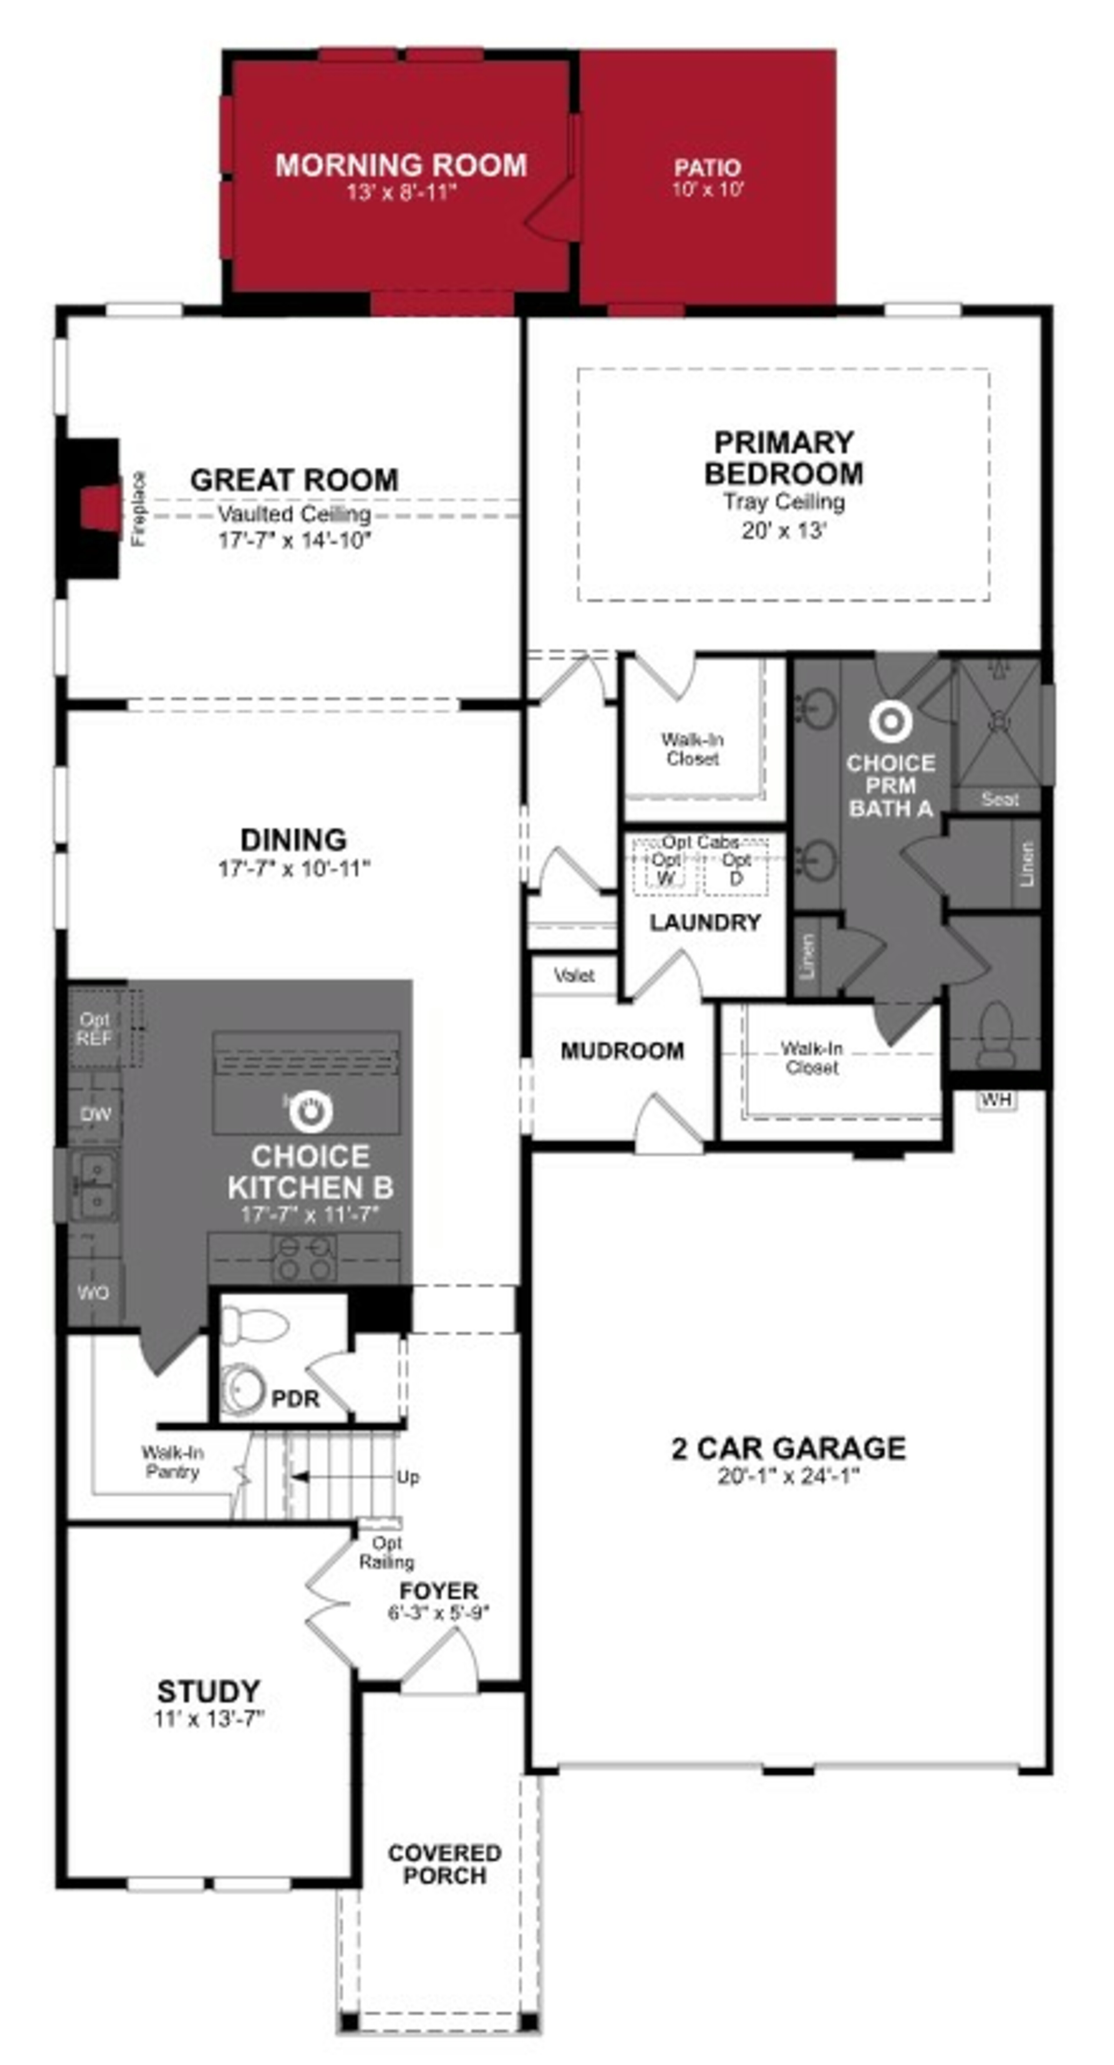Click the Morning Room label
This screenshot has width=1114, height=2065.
401,165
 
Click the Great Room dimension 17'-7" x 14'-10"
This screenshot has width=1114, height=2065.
294,540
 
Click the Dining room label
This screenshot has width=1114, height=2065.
294,839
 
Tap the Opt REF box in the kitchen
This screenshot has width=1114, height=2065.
95,1029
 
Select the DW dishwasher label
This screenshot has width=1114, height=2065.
95,1114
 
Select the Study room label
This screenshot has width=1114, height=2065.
209,1691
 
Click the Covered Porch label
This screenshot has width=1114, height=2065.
444,1864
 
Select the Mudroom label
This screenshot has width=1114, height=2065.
622,1050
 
